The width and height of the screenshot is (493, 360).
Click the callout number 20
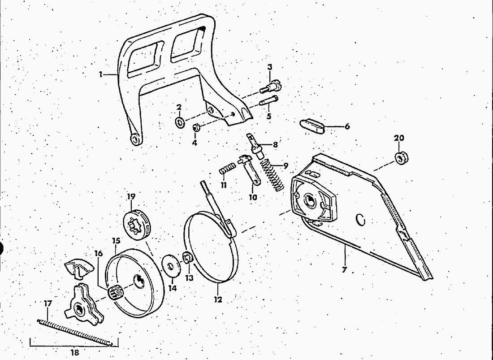coord(399,138)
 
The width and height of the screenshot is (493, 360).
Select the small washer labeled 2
coord(180,122)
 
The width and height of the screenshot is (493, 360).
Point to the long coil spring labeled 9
coord(272,175)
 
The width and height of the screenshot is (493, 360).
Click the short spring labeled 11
coord(227,168)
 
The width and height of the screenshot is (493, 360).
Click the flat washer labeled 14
coord(171,266)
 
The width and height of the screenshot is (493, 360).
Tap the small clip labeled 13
coord(188,258)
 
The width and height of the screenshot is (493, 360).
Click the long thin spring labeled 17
coord(74,333)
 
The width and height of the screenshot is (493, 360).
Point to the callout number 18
coord(75,352)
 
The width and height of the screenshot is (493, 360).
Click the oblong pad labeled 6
coord(312,126)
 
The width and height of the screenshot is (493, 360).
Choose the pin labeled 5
coord(268,101)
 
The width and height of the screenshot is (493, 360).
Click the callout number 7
coord(344,270)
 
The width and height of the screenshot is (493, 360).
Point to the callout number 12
coord(218,299)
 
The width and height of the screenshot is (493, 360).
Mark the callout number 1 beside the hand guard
coord(100,74)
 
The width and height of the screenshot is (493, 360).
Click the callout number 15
coord(116,241)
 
